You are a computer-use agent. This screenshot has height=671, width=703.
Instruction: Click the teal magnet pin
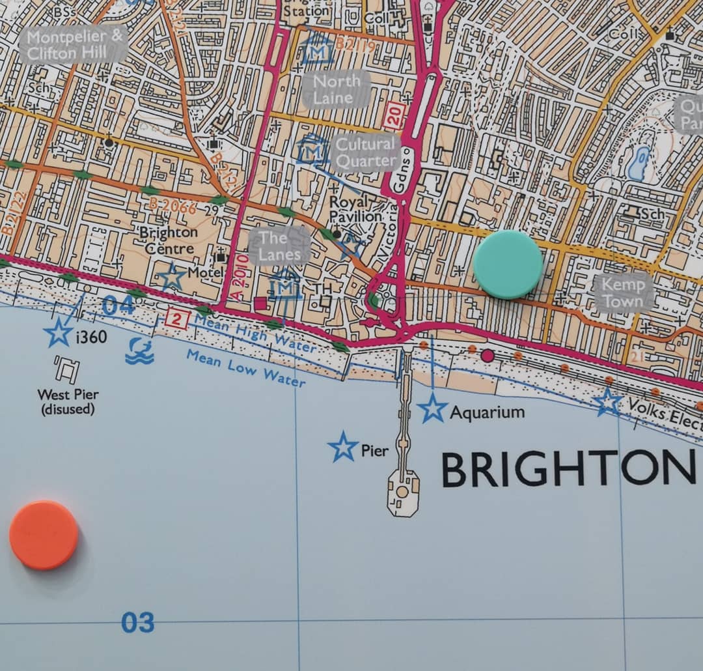[x=507, y=264]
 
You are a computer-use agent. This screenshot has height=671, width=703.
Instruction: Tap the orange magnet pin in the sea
[x=44, y=535]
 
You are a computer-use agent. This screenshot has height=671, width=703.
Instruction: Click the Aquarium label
[x=487, y=412]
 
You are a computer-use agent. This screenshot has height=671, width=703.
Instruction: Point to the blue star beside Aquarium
[x=433, y=408]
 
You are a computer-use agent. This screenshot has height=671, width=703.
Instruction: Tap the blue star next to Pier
[x=343, y=448]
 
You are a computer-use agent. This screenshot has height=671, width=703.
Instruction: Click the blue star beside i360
[x=58, y=334]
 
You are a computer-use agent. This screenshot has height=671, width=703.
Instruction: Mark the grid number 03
[x=137, y=623]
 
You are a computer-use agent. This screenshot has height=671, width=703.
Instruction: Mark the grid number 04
[x=118, y=305]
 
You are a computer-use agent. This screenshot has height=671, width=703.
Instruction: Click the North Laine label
[x=336, y=89]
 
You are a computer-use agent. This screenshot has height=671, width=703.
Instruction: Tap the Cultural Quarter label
[x=365, y=152]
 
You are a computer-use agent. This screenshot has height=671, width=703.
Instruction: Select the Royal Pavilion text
[x=355, y=208]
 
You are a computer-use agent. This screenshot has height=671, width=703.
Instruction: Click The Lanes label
[x=280, y=246]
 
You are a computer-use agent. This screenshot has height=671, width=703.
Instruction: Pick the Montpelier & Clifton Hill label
[x=75, y=44]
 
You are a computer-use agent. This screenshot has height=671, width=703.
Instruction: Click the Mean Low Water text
[x=245, y=367]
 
